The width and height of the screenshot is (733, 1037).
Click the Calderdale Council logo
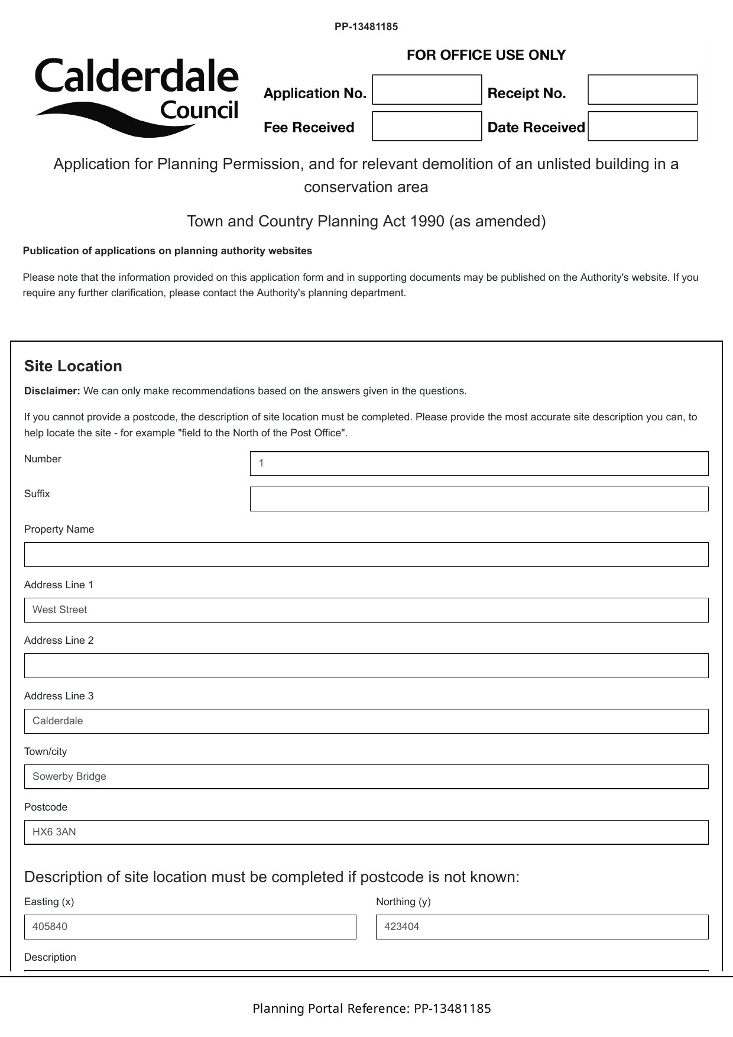click(137, 96)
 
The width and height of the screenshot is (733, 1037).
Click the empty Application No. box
click(427, 90)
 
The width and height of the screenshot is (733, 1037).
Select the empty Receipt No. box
click(643, 90)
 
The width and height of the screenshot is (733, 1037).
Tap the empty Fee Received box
click(427, 126)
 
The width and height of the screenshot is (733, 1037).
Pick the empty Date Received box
click(643, 126)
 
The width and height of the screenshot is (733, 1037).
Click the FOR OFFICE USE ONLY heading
click(486, 55)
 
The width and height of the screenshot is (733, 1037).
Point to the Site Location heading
click(73, 366)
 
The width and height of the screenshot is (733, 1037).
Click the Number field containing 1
click(479, 464)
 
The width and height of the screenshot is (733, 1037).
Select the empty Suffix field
click(479, 499)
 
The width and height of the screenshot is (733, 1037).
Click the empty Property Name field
click(366, 555)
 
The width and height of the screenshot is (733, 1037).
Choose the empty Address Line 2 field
click(366, 666)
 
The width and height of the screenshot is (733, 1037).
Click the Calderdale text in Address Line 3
click(58, 721)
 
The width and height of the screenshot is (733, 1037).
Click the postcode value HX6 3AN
click(54, 832)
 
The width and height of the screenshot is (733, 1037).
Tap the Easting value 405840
click(50, 926)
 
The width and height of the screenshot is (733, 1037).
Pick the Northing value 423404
click(402, 926)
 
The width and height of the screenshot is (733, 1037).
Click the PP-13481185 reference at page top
click(366, 27)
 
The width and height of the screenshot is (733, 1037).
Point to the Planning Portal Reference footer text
click(371, 1008)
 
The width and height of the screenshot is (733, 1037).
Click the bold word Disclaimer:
click(52, 391)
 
